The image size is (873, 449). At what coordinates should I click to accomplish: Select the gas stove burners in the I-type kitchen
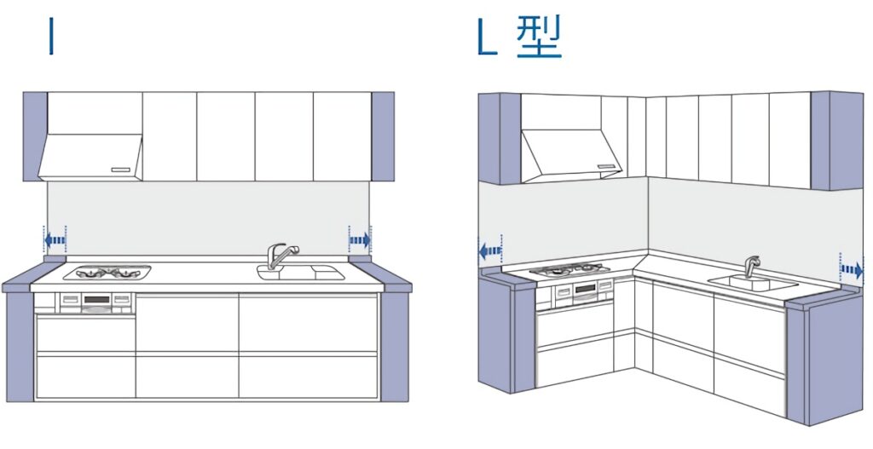[107, 273]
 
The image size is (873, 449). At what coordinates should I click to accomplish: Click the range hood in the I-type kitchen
[90, 157]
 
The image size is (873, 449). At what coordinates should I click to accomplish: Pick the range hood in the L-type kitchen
[571, 155]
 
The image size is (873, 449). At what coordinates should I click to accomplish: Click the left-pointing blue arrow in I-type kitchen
[55, 240]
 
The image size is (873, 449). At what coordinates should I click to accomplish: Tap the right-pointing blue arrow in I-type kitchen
[360, 240]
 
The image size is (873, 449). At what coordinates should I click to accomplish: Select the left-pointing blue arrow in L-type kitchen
[490, 251]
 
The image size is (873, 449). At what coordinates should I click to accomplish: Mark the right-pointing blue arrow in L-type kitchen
[852, 270]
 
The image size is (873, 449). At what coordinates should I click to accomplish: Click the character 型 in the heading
[539, 37]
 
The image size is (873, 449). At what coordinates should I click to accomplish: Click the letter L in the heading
[487, 37]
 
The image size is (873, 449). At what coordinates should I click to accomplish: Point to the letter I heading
[51, 36]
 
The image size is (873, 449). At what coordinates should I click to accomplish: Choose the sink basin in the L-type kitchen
[753, 283]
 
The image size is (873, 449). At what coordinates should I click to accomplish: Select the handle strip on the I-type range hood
[120, 170]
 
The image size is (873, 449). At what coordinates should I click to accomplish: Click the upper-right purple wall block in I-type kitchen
[383, 136]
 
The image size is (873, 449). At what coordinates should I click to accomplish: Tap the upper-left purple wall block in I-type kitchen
[35, 136]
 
